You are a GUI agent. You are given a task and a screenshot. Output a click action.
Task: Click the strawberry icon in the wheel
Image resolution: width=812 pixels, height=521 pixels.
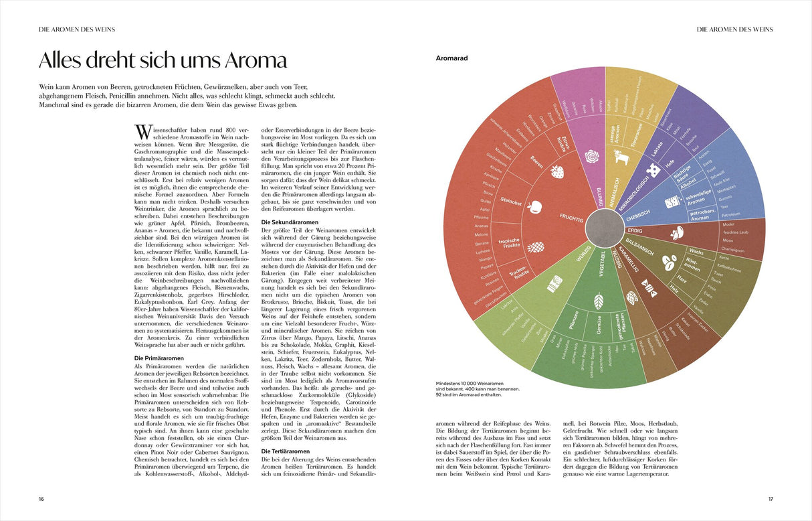[556, 171]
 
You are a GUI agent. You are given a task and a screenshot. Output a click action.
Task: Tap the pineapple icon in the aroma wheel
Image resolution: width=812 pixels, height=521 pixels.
[536, 247]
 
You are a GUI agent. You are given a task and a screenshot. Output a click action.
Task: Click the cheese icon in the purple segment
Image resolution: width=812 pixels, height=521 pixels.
[654, 171]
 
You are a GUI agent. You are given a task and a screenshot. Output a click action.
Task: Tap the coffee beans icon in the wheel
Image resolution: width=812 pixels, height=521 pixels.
[667, 256]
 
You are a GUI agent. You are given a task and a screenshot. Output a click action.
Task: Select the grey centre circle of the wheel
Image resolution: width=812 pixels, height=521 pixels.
[605, 227]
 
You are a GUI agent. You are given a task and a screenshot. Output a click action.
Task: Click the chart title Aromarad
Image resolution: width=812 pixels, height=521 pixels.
[451, 58]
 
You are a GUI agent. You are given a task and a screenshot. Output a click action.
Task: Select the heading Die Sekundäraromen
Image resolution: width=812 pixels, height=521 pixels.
[290, 222]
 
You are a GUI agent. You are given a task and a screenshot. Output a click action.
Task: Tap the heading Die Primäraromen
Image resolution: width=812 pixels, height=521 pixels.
[160, 358]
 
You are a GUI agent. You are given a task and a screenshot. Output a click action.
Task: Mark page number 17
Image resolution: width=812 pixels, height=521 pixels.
[770, 498]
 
